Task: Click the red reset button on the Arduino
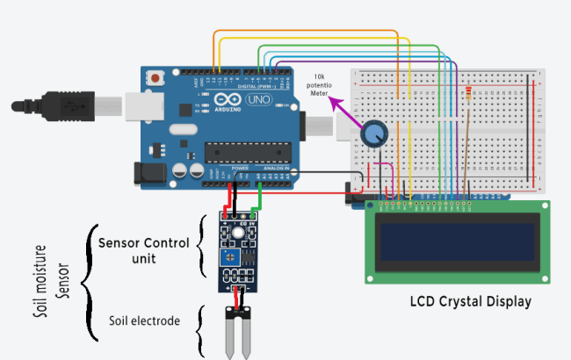[156, 76]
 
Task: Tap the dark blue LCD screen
[458, 243]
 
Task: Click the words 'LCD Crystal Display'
[471, 302]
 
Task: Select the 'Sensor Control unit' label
[143, 250]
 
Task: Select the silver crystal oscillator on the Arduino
[185, 132]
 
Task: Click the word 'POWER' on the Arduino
[216, 168]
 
